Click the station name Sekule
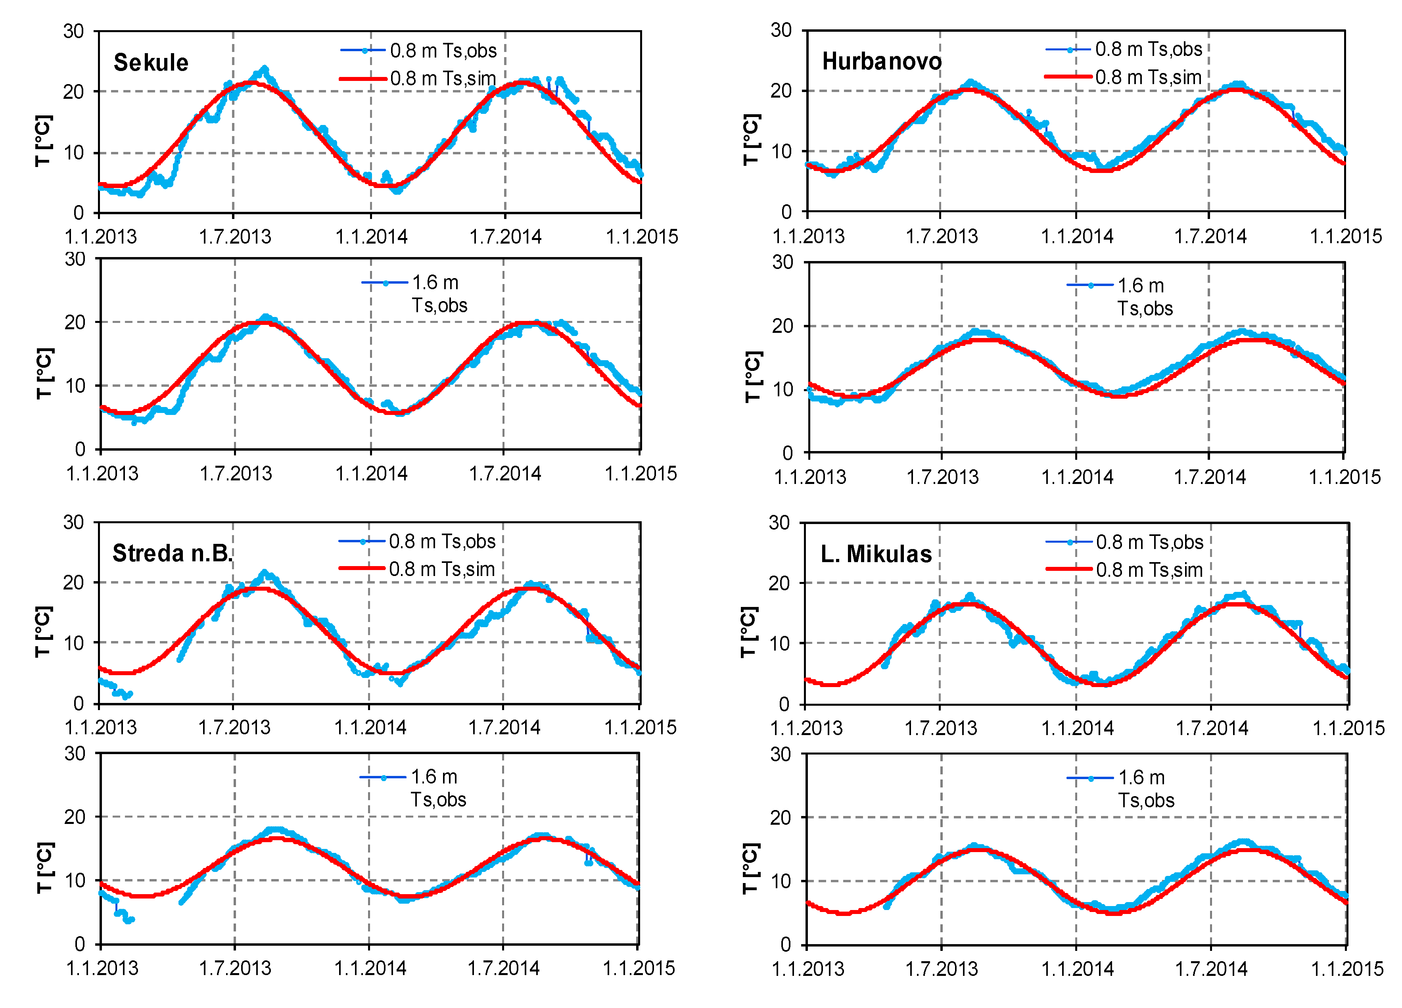click(151, 62)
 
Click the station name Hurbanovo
click(882, 61)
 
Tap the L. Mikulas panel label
click(876, 554)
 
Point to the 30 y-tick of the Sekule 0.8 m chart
click(73, 31)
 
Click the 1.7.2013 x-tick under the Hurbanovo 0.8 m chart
click(942, 236)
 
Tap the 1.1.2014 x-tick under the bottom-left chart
click(370, 968)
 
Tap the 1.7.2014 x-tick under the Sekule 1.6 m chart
click(504, 474)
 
